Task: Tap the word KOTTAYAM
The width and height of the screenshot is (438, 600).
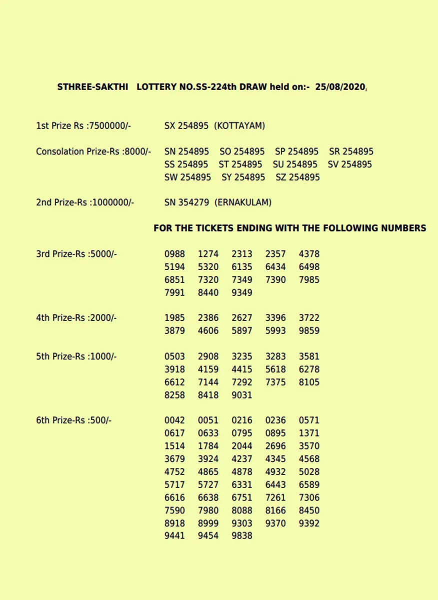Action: click(239, 126)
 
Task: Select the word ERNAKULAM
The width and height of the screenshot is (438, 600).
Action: click(243, 202)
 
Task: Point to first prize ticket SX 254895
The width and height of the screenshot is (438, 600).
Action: click(186, 126)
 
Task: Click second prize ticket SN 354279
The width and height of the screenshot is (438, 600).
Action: click(186, 202)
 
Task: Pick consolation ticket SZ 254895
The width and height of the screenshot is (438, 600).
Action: click(297, 177)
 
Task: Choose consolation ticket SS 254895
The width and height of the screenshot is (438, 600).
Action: click(186, 164)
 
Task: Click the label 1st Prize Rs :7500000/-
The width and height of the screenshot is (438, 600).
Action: click(83, 126)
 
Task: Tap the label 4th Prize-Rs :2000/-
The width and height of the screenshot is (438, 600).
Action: click(76, 317)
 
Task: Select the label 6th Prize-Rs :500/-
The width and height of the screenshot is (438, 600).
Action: click(74, 420)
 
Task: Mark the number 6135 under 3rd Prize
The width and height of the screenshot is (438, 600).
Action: click(242, 267)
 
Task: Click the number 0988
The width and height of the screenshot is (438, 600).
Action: click(174, 254)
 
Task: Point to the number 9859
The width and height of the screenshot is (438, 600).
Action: click(309, 330)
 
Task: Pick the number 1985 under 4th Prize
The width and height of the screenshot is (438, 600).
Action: click(174, 317)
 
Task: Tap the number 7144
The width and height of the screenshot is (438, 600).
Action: click(208, 382)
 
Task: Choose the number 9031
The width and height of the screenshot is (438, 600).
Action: click(242, 395)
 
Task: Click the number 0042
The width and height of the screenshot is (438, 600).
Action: click(174, 420)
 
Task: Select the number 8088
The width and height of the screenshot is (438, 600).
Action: click(242, 510)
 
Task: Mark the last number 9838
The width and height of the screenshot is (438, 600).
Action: click(242, 536)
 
